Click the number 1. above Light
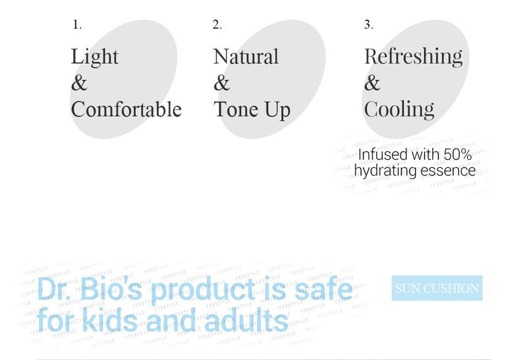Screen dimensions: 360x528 pos(77,25)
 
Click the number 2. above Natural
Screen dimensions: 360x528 pos(217,25)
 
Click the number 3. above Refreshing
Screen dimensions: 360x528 pos(368,25)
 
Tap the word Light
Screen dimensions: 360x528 pos(95,57)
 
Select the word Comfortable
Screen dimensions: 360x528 pos(126,109)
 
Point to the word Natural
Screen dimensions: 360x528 pos(246,57)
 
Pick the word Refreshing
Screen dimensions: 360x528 pos(413,57)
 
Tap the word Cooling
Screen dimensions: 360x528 pos(399,109)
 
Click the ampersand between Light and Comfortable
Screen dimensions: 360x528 pos(79,83)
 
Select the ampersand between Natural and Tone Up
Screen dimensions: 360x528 pos(222,83)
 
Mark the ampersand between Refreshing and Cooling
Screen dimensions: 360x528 pos(372,83)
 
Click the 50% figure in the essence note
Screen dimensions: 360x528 pos(457,154)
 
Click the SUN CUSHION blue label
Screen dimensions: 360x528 pos(437,288)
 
